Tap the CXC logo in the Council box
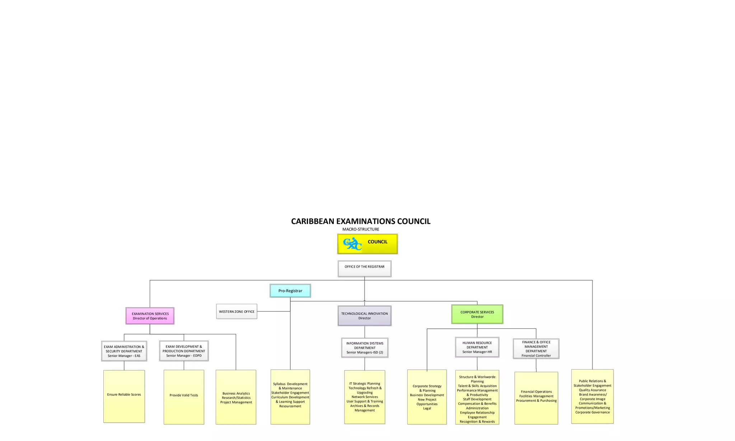[x=352, y=244]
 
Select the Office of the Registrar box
[x=364, y=268]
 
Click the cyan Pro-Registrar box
[x=290, y=291]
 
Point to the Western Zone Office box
[x=237, y=311]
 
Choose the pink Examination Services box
[x=150, y=316]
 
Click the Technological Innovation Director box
[x=364, y=316]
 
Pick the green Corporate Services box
[x=477, y=314]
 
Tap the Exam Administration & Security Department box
[x=124, y=351]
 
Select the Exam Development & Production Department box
[x=184, y=351]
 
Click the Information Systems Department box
[x=365, y=348]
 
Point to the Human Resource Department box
[x=477, y=347]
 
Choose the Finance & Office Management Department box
[x=536, y=349]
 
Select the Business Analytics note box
[x=236, y=397]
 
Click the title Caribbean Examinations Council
[x=361, y=221]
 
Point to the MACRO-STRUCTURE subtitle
[x=361, y=229]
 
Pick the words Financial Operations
[x=536, y=392]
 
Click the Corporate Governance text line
[x=593, y=412]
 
